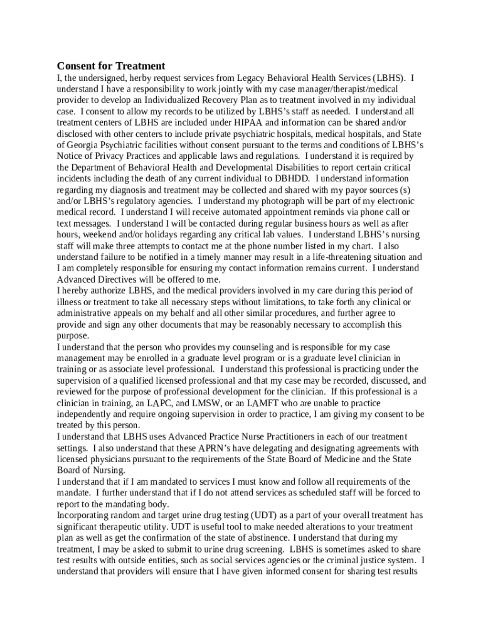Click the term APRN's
click(219, 448)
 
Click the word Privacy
click(104, 156)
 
